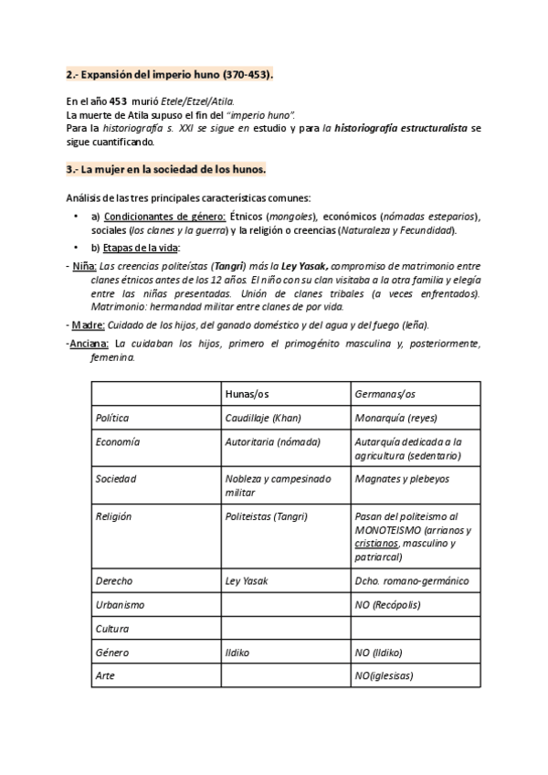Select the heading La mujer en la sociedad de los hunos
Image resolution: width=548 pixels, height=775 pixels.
pyautogui.click(x=166, y=169)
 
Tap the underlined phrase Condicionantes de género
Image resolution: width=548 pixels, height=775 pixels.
pyautogui.click(x=164, y=216)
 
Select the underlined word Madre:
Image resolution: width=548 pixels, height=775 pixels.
pyautogui.click(x=89, y=324)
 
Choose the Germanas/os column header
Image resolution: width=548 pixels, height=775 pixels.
pyautogui.click(x=384, y=394)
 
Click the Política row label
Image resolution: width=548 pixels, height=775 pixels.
pyautogui.click(x=112, y=418)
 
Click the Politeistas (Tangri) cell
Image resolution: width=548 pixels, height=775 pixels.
pyautogui.click(x=266, y=516)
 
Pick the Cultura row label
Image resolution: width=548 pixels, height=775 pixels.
pyautogui.click(x=112, y=629)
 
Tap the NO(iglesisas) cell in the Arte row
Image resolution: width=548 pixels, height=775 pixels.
pyautogui.click(x=383, y=676)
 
